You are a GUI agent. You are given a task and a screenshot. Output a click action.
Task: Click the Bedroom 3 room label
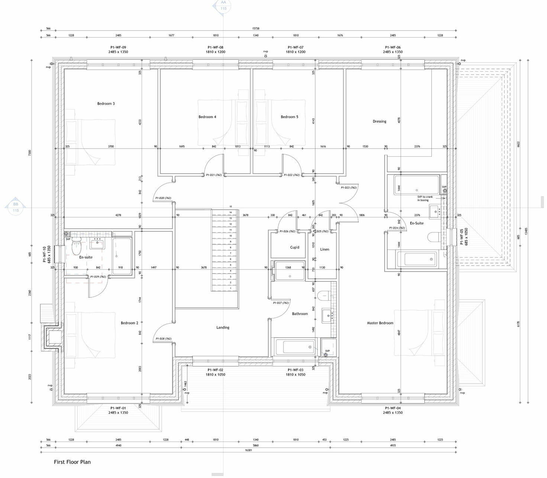[x=106, y=104]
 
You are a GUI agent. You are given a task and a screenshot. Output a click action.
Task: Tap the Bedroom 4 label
[x=207, y=117]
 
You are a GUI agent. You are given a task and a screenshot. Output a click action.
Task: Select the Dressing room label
[x=379, y=121]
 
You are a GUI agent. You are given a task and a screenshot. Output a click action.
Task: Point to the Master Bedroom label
[x=380, y=323]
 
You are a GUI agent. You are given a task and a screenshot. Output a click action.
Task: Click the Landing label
[x=223, y=327]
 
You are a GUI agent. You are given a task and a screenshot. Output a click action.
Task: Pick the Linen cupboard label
[x=324, y=249]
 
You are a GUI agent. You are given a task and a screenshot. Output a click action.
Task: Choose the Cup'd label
[x=295, y=247]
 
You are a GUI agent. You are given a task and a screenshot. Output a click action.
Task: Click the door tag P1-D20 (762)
[x=163, y=198]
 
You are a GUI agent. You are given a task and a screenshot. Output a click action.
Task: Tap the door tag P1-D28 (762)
[x=163, y=338]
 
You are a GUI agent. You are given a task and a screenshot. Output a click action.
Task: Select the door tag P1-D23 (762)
[x=349, y=188]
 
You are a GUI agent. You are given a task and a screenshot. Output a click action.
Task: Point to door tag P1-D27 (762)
[x=281, y=303]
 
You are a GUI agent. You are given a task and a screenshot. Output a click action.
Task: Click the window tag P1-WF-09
[x=118, y=48]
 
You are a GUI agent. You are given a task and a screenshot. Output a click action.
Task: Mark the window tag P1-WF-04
[x=393, y=408]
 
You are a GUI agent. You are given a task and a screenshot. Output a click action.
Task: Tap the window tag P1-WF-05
[x=462, y=237]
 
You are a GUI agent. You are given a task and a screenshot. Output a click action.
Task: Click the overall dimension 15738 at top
[x=256, y=29]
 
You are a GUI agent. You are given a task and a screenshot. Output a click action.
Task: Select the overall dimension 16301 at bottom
[x=248, y=450]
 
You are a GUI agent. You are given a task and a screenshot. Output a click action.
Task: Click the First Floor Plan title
[x=72, y=462]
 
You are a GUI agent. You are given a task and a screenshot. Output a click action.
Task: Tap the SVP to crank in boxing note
[x=425, y=199]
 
